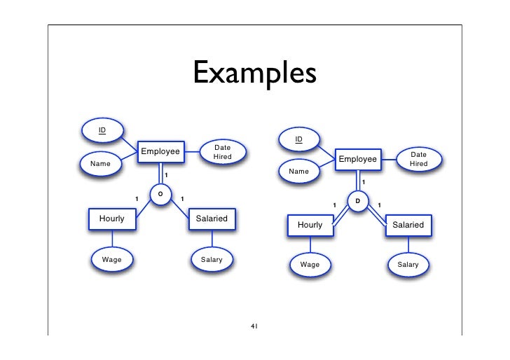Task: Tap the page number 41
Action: coord(254,326)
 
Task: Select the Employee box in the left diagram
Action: coord(160,151)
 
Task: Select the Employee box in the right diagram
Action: coord(358,159)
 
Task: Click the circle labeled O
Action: coord(160,193)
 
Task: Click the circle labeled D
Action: coord(357,201)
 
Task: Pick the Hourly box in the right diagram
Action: coord(310,225)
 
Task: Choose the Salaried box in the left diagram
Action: coord(211,219)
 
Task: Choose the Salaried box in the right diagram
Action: coord(408,225)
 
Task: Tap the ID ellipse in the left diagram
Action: coord(102,130)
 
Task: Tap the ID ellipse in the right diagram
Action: coord(299,139)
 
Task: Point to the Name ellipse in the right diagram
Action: coord(299,171)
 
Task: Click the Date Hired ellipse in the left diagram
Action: coord(222,152)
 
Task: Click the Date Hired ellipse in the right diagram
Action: coord(418,159)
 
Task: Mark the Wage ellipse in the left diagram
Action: coord(112,260)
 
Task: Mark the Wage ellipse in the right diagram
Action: coord(310,265)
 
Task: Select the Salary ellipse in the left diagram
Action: coord(212,260)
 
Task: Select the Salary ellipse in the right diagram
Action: coord(408,265)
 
